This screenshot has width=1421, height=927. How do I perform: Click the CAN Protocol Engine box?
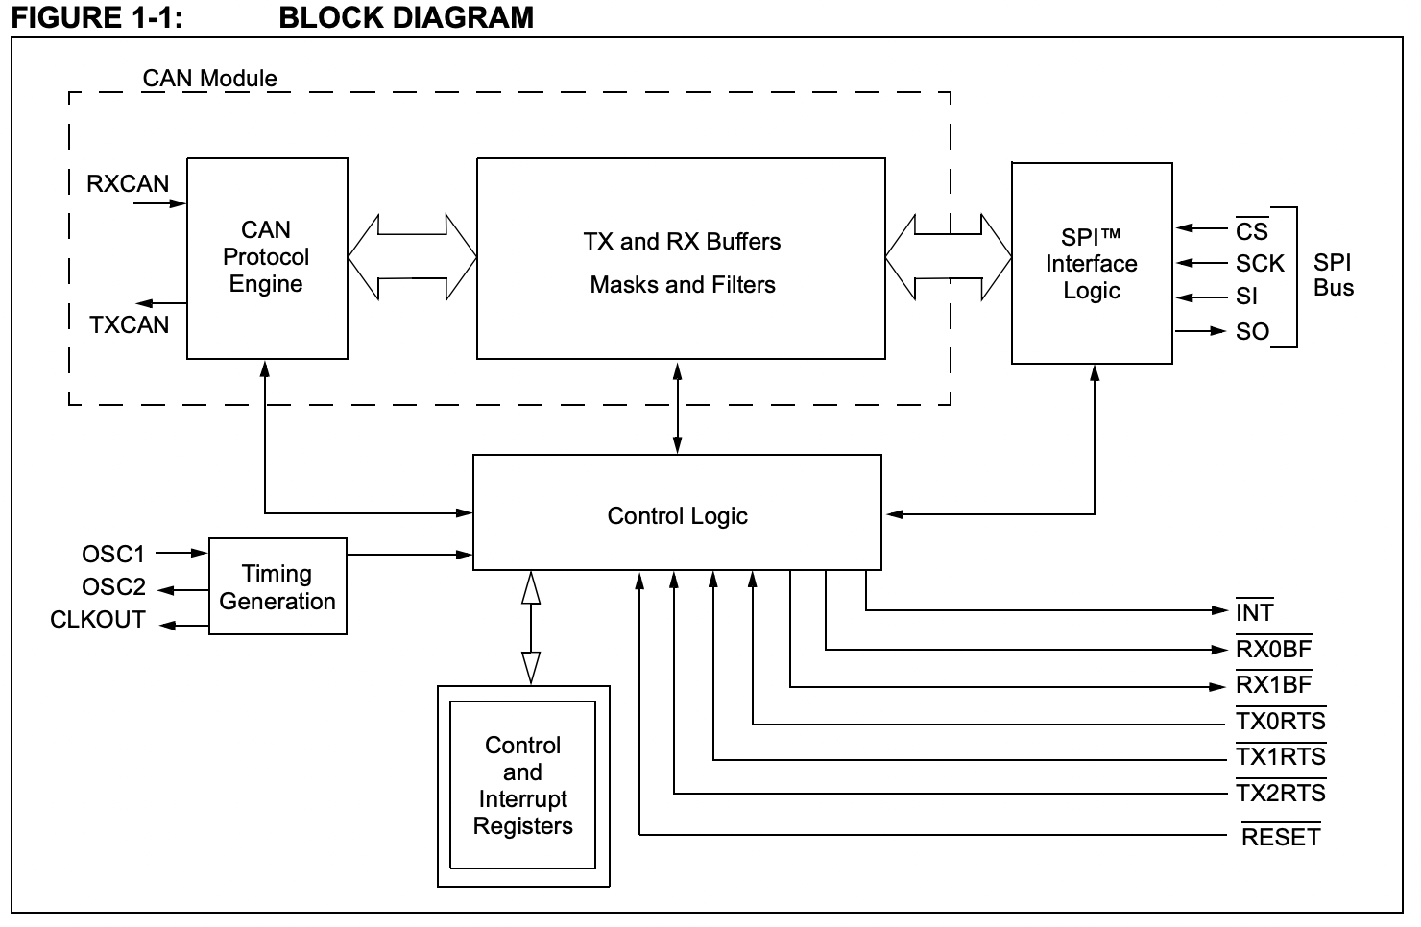pos(267,258)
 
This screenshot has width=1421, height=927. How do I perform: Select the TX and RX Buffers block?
pos(681,259)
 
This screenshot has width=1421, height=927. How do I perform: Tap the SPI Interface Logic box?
pos(1092,264)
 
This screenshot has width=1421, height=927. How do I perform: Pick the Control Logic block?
pos(677,512)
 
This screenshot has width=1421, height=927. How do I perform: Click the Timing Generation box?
pos(277,586)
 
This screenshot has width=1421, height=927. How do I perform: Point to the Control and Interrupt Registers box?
pos(523,786)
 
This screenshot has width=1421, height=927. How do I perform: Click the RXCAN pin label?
pos(128,183)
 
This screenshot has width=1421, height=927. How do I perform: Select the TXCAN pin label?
pos(130,324)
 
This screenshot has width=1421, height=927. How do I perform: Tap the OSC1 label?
pos(113,554)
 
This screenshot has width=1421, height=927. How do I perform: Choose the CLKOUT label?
pos(98,620)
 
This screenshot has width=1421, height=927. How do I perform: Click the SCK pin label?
pos(1260,263)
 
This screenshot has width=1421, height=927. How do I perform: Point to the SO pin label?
pos(1252,332)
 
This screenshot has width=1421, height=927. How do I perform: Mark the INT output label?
pos(1254,612)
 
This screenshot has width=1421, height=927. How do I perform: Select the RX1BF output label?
pos(1273,685)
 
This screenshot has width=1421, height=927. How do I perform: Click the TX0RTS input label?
pos(1280,722)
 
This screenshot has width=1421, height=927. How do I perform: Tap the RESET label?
pos(1281,837)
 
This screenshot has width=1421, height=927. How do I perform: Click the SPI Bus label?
pos(1334,274)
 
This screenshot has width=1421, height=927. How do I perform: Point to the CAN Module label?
pos(209,79)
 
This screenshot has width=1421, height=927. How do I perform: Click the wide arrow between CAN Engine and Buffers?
pos(412,257)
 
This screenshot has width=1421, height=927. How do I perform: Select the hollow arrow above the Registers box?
pos(530,628)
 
